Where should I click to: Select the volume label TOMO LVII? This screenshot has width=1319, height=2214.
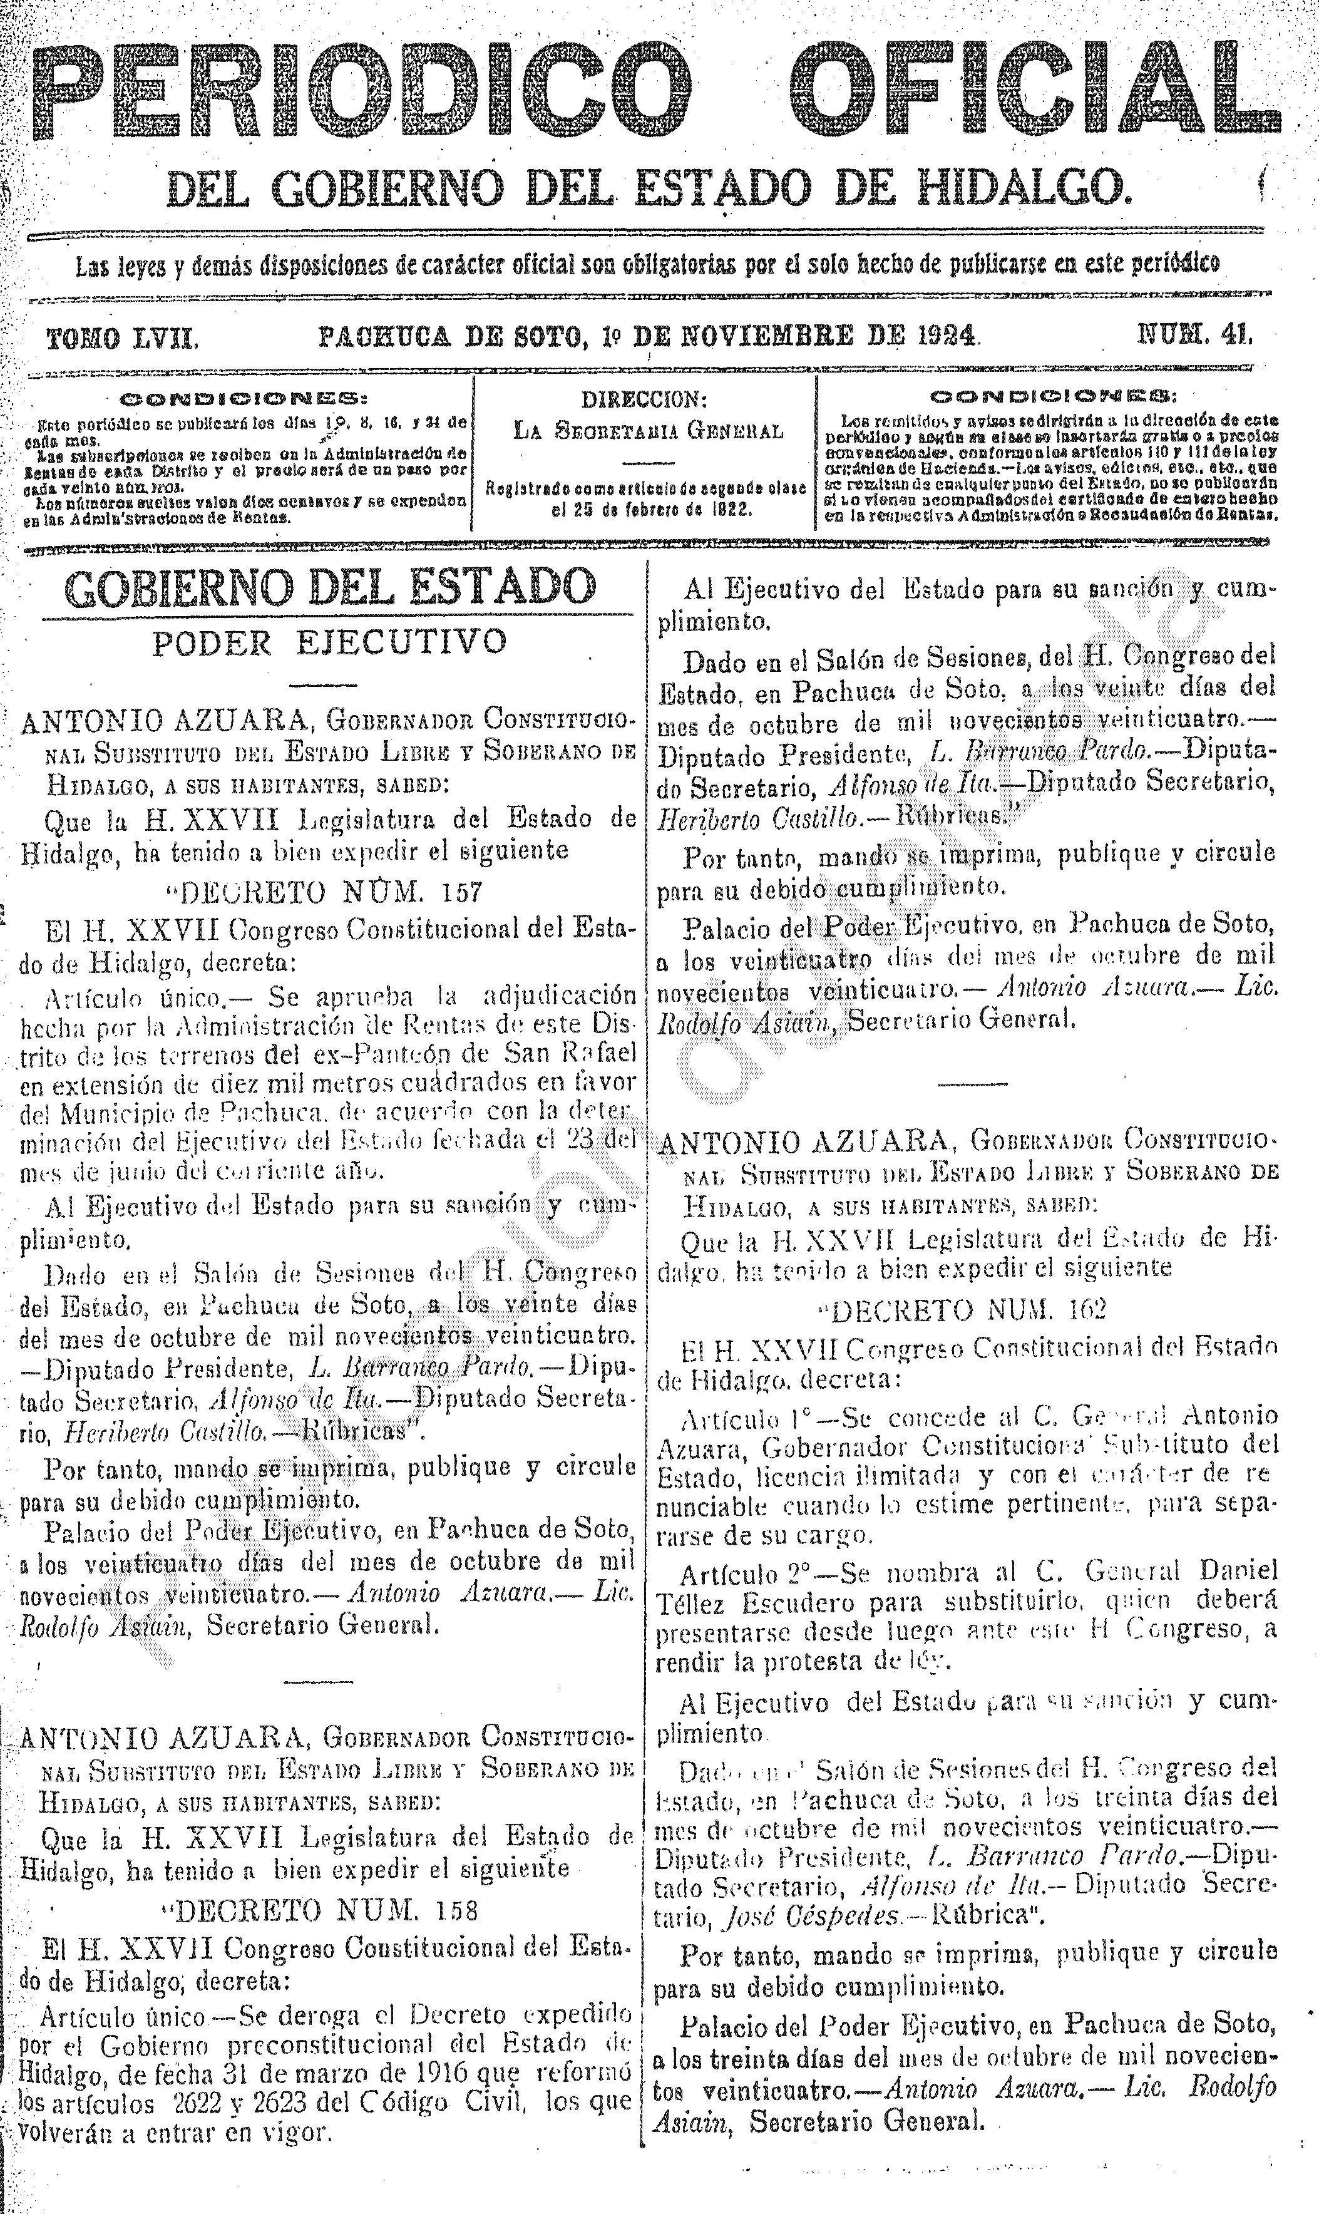point(122,337)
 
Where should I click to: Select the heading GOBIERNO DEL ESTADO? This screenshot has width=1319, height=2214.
point(331,587)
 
